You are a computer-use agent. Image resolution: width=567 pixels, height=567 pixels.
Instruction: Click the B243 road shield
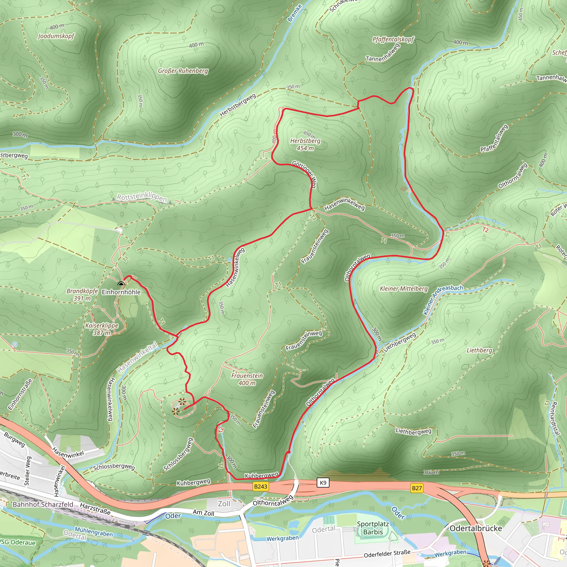(x=260, y=486)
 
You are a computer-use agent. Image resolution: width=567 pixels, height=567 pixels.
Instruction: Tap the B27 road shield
(x=417, y=488)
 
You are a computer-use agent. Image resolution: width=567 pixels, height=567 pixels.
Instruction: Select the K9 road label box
(x=323, y=483)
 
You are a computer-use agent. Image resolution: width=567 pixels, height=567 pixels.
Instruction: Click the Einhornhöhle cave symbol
(x=121, y=283)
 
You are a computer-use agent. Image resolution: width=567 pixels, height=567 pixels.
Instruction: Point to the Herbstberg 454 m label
(x=305, y=145)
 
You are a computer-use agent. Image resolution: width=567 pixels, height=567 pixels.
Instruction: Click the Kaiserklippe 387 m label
(x=102, y=329)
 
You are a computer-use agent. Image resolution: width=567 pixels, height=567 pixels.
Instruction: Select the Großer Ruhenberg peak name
(x=183, y=71)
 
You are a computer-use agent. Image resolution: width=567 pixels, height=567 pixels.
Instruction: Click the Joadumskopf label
(x=56, y=36)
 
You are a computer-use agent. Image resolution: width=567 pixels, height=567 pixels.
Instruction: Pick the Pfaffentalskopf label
(x=393, y=39)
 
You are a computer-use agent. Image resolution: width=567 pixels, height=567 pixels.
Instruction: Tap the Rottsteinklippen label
(x=142, y=197)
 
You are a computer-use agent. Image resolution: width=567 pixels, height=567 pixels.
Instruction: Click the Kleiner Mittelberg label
(x=404, y=288)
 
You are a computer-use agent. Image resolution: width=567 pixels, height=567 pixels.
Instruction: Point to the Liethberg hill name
(x=479, y=350)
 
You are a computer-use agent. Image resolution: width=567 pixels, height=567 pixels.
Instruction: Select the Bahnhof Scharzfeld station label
(x=43, y=504)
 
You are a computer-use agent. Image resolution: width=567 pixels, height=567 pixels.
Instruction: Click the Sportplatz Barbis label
(x=373, y=528)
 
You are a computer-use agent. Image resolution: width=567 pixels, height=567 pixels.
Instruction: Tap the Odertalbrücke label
(x=475, y=528)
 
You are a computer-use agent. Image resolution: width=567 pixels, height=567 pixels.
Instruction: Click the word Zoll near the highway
(x=224, y=504)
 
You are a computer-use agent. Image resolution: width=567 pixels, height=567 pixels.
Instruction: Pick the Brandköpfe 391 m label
(x=82, y=295)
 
